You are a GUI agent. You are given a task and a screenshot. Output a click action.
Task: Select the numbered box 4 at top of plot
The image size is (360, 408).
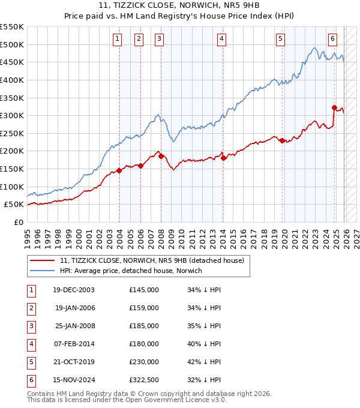[221, 40]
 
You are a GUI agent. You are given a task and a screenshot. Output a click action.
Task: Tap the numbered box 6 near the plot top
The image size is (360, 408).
[332, 40]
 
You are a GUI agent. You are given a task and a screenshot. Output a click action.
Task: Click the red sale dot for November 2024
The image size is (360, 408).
[334, 107]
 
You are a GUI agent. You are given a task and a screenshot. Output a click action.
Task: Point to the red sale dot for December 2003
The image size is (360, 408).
[119, 170]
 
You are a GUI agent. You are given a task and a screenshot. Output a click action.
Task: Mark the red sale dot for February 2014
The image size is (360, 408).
[223, 158]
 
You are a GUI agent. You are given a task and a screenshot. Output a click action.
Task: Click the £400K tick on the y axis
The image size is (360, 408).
[12, 80]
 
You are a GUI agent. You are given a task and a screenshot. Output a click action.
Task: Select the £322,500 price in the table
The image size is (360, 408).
[143, 380]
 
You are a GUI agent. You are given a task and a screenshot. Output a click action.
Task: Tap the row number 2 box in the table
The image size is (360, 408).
[30, 308]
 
